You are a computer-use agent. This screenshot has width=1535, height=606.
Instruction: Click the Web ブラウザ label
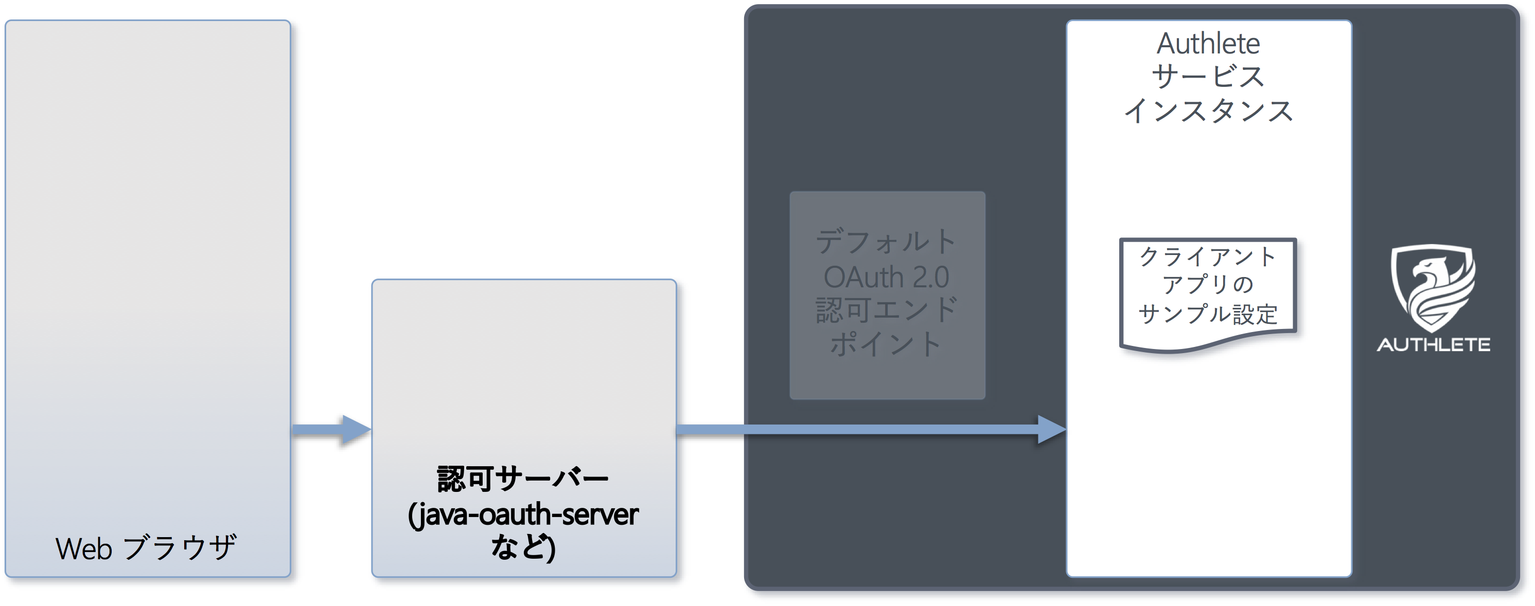pyautogui.click(x=146, y=548)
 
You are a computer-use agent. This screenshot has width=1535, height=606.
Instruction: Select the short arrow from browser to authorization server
pyautogui.click(x=331, y=429)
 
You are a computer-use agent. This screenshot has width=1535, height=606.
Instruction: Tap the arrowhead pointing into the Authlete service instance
pyautogui.click(x=1052, y=429)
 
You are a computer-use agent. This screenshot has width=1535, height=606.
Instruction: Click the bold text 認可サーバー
pyautogui.click(x=523, y=479)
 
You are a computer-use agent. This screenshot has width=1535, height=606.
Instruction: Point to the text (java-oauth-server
pyautogui.click(x=523, y=515)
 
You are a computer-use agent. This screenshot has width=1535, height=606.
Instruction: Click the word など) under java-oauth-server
pyautogui.click(x=523, y=547)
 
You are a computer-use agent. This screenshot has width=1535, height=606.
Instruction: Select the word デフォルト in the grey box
pyautogui.click(x=887, y=242)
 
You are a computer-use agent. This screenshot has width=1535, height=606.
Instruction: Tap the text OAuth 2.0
pyautogui.click(x=887, y=277)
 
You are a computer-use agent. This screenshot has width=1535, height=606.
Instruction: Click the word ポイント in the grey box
pyautogui.click(x=887, y=344)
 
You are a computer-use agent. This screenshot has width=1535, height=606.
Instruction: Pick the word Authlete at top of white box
pyautogui.click(x=1208, y=44)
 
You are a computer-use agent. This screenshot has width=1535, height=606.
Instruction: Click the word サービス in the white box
pyautogui.click(x=1208, y=77)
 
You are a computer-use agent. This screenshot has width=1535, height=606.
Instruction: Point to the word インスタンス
pyautogui.click(x=1208, y=111)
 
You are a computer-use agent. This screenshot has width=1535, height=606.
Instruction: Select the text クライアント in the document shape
pyautogui.click(x=1208, y=256)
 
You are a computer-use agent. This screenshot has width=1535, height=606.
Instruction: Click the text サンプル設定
pyautogui.click(x=1208, y=314)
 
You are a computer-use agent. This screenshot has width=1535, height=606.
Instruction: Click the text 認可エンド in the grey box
pyautogui.click(x=887, y=310)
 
